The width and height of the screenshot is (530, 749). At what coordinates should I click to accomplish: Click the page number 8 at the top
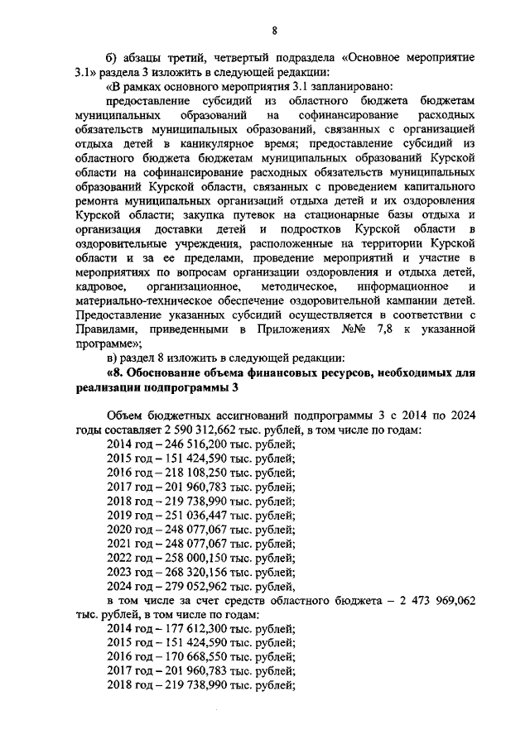point(275,31)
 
